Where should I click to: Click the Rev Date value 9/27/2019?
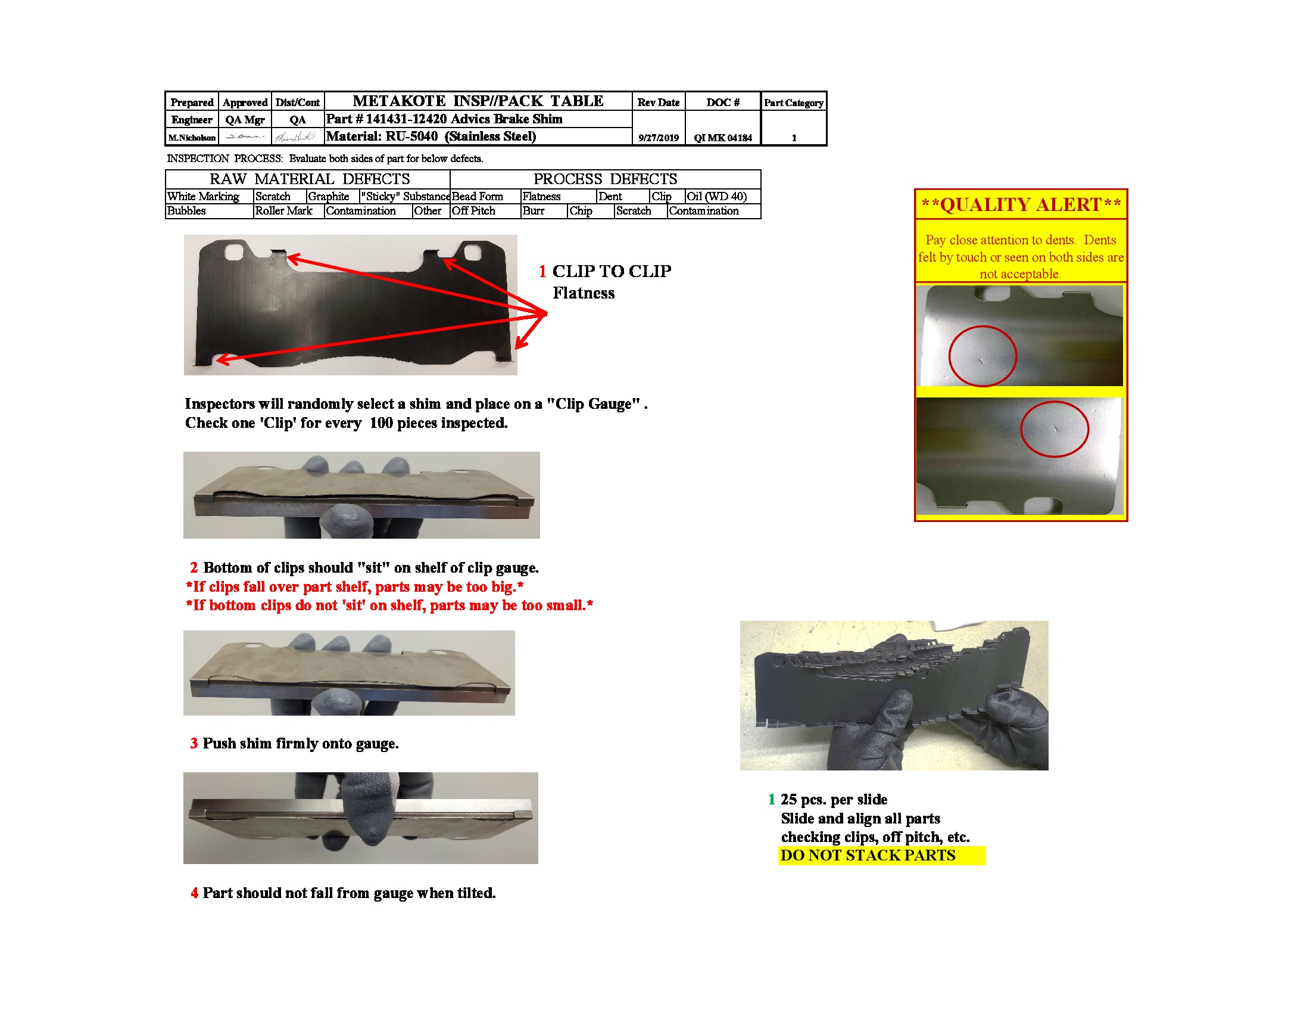click(658, 138)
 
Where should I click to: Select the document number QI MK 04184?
click(722, 138)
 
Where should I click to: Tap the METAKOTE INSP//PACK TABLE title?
click(478, 101)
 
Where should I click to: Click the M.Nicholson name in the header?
click(191, 138)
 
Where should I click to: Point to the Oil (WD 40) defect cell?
click(717, 196)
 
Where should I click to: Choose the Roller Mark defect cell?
click(283, 210)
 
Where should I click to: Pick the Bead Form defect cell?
click(478, 196)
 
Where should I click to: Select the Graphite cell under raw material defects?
click(329, 196)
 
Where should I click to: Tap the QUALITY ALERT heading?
click(1021, 204)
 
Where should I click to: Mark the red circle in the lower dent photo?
click(1054, 428)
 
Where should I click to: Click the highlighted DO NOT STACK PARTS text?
click(868, 855)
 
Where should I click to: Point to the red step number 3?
click(194, 743)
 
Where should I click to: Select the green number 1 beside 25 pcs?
click(771, 798)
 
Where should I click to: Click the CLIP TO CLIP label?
click(611, 271)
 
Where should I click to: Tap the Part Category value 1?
click(794, 138)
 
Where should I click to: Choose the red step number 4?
click(194, 893)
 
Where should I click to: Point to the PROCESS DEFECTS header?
click(605, 179)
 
